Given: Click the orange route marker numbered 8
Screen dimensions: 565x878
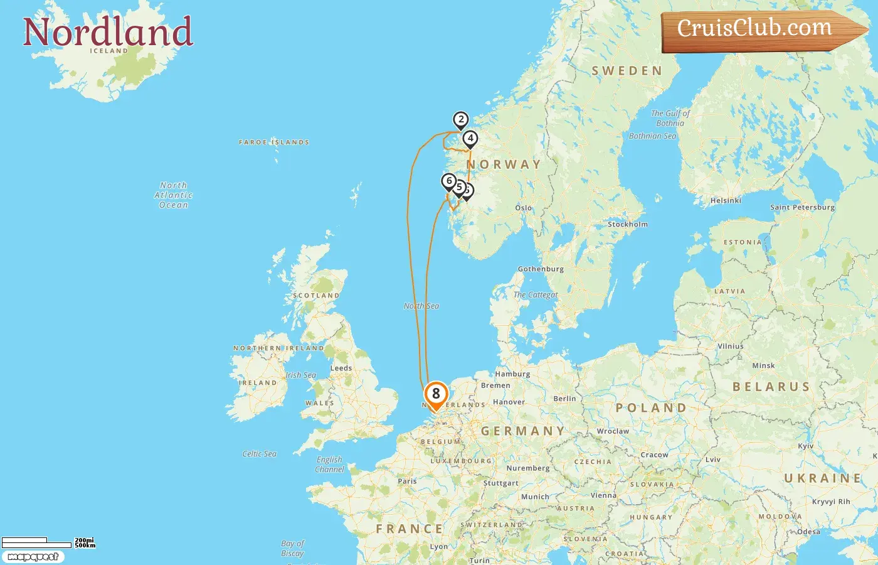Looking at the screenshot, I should click(436, 395).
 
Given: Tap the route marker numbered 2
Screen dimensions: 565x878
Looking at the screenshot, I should click(461, 119).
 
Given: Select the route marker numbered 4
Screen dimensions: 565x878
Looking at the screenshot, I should click(470, 138).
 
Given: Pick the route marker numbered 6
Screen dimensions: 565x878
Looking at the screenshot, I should click(448, 181).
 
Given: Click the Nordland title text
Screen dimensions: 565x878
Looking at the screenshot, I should click(108, 32).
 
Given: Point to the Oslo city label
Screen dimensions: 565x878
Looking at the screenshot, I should click(524, 208).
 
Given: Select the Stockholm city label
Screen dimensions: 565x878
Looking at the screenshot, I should click(628, 224).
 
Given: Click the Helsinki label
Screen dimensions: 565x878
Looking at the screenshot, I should click(726, 201).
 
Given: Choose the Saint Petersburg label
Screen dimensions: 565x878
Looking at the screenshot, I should click(802, 207).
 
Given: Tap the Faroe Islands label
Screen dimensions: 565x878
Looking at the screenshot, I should click(274, 143).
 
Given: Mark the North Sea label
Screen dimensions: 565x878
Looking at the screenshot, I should click(421, 306).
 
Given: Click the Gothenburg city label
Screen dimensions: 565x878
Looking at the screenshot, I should click(541, 269).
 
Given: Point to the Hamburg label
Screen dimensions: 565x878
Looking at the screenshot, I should click(512, 374).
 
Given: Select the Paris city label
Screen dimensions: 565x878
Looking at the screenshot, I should click(407, 481).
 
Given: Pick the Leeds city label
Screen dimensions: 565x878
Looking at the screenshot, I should click(341, 368).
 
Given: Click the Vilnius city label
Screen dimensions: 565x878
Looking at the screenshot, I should click(731, 346).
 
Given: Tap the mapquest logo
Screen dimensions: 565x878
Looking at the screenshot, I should click(33, 557).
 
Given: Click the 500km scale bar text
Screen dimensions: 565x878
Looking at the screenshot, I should click(85, 546).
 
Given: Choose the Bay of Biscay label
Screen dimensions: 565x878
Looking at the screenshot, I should click(292, 548).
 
